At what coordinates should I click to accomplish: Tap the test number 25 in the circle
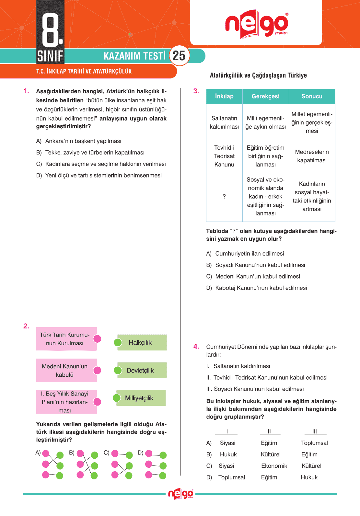coord(179,56)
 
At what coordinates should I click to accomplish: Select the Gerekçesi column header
coord(265,96)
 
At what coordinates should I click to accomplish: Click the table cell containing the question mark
coord(224,196)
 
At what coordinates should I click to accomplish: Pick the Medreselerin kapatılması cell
coord(312,156)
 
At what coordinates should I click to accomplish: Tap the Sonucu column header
coord(312,96)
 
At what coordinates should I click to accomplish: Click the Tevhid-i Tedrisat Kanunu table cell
coord(224,156)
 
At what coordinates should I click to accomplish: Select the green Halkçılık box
coord(142,343)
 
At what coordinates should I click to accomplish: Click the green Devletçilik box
coord(142,371)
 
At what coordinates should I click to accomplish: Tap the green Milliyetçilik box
coord(140,398)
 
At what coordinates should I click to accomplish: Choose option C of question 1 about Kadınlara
coord(105,164)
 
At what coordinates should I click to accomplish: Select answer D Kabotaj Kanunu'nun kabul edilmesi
coord(261,288)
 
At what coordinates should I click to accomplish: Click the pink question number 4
coord(196,347)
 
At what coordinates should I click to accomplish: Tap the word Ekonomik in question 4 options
coord(274,466)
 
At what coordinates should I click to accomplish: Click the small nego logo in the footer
coord(180,494)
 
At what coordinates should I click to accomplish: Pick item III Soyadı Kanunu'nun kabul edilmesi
coord(255,389)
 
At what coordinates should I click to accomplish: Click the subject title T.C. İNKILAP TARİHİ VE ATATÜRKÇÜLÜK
coord(84,71)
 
